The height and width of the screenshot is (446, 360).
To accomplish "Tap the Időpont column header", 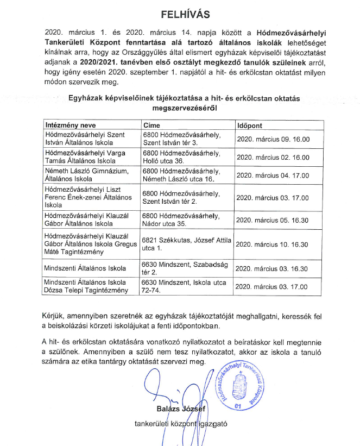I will (x=250, y=125).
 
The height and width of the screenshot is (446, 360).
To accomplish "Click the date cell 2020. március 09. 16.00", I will (x=274, y=139).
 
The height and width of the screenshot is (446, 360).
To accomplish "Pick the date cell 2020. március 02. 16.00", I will (x=274, y=158).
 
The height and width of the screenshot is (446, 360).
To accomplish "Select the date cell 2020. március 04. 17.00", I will (x=274, y=175).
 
